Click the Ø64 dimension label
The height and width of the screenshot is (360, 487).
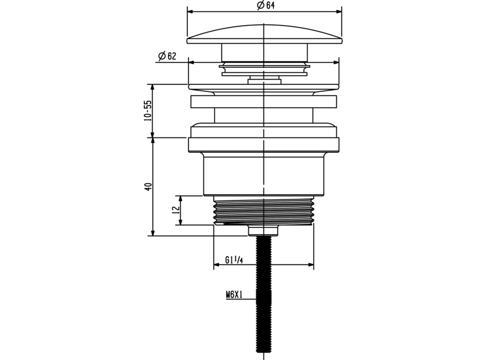coord(266,5)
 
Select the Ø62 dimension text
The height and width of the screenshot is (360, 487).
coord(167,56)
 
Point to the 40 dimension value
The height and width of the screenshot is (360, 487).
coord(149,186)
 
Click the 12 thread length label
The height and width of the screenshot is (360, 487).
coord(176,209)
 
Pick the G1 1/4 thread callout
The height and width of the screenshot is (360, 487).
coord(234,260)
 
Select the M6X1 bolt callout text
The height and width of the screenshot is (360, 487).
coord(234,294)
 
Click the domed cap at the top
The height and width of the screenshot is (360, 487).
coord(264,34)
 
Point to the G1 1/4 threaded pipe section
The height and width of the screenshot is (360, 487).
coord(263,210)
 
